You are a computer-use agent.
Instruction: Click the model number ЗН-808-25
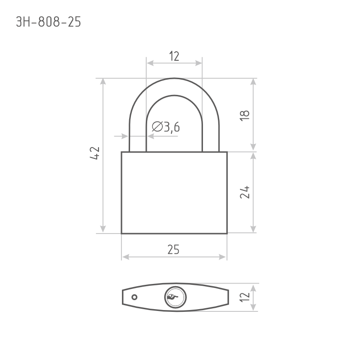tap(49, 22)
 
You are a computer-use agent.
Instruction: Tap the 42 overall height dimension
tap(94, 153)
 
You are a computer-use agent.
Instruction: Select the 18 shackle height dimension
tap(244, 115)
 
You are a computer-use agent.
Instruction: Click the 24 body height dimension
tap(244, 192)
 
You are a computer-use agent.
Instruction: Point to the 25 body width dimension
tap(173, 250)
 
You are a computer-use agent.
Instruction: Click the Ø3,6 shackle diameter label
tap(166, 127)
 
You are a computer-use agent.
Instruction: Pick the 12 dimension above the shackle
tap(174, 56)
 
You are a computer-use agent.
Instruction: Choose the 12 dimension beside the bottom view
tap(244, 297)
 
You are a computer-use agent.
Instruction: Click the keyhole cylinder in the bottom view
tap(175, 297)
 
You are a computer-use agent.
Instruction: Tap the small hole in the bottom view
tap(135, 297)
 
